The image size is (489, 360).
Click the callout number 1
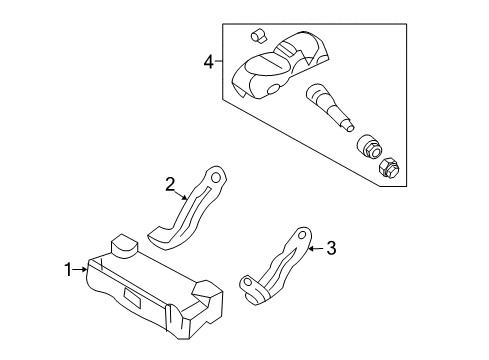pos(68,269)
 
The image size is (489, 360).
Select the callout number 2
pos(170,184)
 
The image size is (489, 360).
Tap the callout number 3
pos(331,248)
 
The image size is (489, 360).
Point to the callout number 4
pos(209,62)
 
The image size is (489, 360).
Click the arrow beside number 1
pos(80,269)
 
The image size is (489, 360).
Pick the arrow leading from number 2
pos(181,195)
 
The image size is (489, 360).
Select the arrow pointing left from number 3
pos(316,248)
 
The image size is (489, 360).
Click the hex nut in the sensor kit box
pos(389,167)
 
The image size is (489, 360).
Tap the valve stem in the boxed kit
pos(329,107)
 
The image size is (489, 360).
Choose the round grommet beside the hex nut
pos(370,146)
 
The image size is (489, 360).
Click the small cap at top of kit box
pos(258,36)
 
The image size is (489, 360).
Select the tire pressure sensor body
pos(280,66)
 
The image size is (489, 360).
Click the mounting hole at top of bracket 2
pos(216,177)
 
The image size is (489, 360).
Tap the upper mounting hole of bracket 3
pos(302,235)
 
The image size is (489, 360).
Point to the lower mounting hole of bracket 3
pos(248,283)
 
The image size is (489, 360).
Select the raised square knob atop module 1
pos(124,246)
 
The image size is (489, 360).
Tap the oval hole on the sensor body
pos(274,89)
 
